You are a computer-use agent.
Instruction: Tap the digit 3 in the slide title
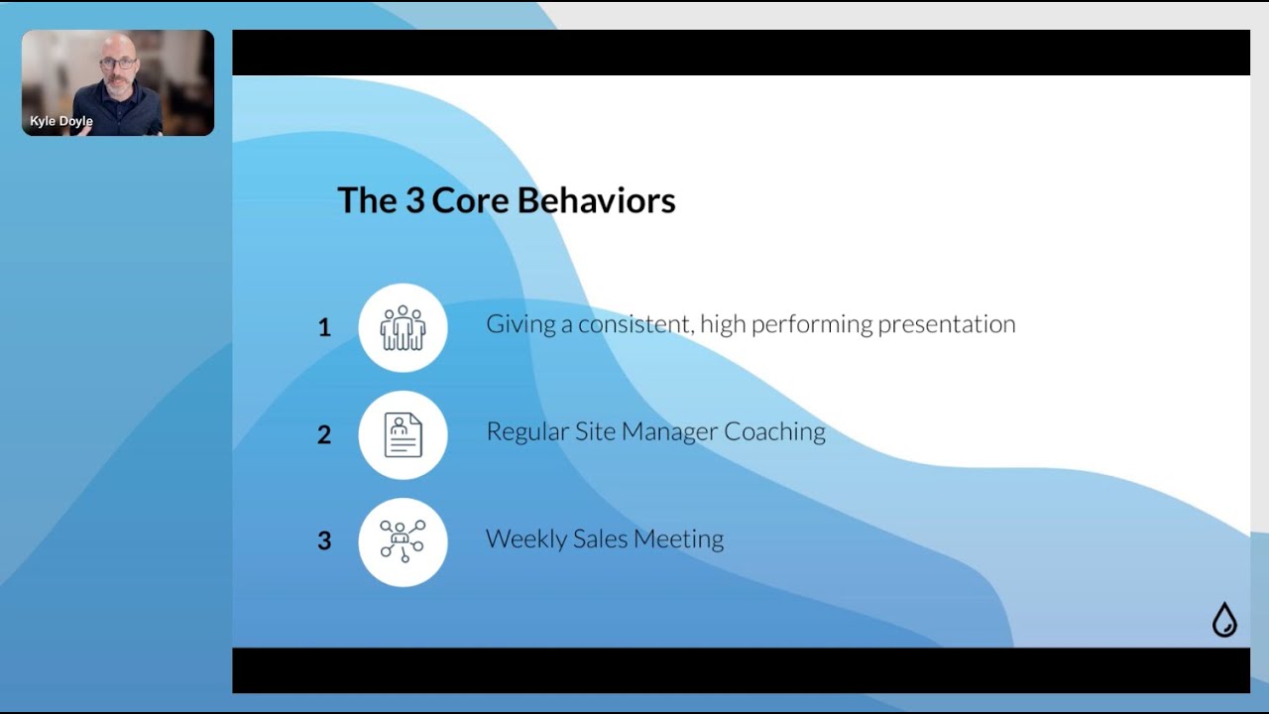(414, 200)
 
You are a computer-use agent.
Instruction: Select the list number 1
(324, 327)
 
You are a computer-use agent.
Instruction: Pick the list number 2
(324, 434)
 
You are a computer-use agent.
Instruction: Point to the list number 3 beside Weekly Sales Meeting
(324, 540)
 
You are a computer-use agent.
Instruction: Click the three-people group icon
(403, 327)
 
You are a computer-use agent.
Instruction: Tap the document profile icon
(403, 434)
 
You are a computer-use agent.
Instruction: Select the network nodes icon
(403, 541)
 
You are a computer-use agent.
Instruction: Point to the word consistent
(634, 324)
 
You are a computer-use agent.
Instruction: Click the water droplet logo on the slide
(1224, 620)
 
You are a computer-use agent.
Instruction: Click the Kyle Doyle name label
(61, 122)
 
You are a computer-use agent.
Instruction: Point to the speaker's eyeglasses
(118, 63)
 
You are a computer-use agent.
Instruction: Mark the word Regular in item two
(526, 431)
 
